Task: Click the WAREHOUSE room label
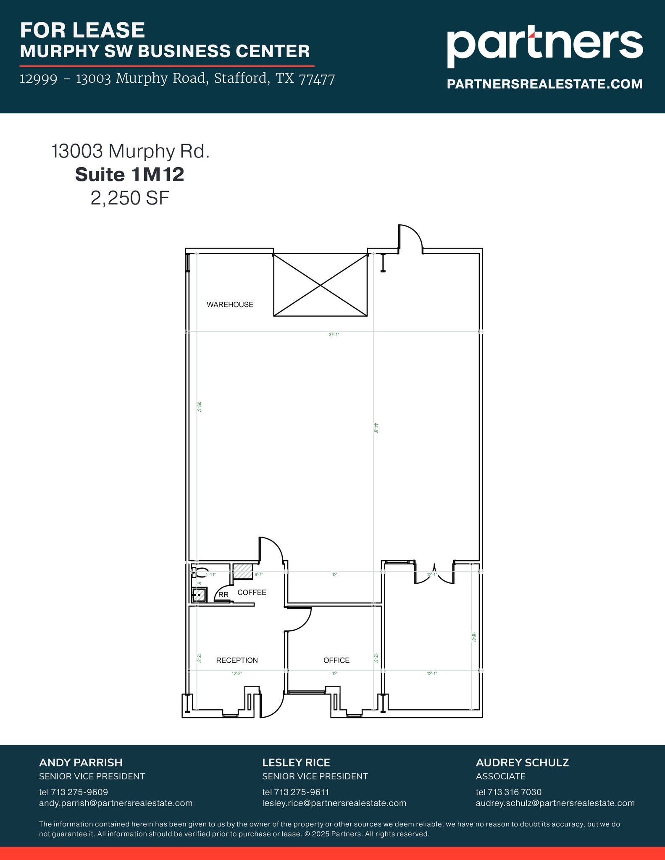click(x=230, y=305)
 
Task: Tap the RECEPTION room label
click(x=237, y=661)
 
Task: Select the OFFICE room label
click(x=336, y=661)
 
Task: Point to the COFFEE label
click(x=252, y=593)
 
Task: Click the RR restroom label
click(x=223, y=595)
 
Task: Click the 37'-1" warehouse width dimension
click(x=334, y=335)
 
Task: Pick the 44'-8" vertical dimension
click(x=376, y=428)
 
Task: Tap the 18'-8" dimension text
click(x=473, y=637)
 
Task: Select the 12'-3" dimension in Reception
click(x=237, y=674)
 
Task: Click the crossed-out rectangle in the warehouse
click(x=321, y=285)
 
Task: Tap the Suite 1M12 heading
click(x=130, y=175)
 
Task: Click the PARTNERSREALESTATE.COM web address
click(x=544, y=84)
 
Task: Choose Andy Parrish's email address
click(x=116, y=803)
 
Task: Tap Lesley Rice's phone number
click(x=296, y=792)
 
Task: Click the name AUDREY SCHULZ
click(x=522, y=763)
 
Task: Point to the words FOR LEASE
click(x=82, y=30)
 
